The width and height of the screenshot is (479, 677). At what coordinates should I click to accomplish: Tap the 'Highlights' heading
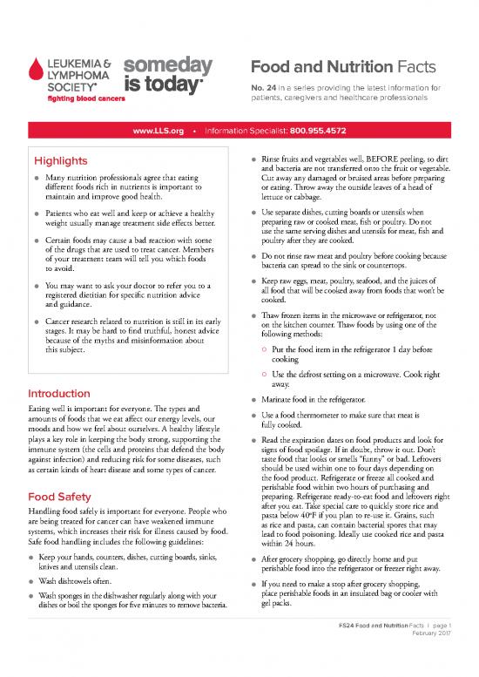[x=59, y=162]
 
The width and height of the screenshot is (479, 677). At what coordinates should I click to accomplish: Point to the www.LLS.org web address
[x=158, y=131]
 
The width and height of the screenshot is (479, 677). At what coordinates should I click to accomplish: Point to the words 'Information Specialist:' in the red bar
[x=248, y=131]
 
